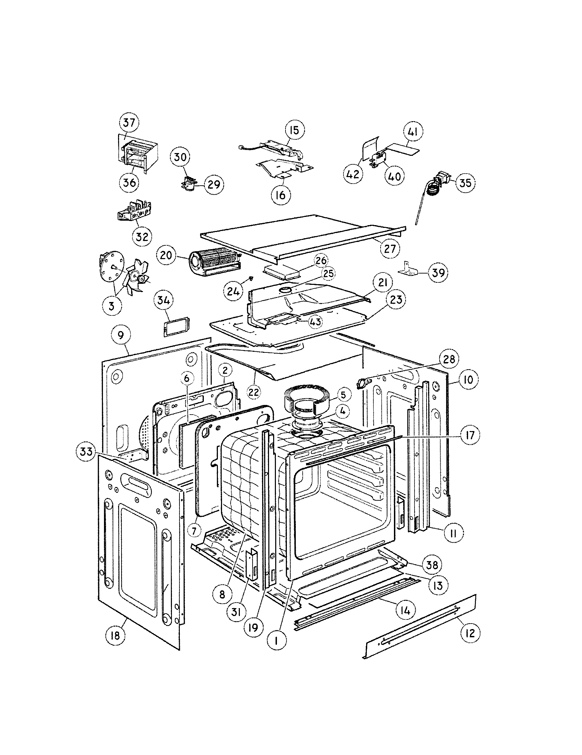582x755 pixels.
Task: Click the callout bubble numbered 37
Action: coord(129,123)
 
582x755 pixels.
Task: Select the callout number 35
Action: coord(465,183)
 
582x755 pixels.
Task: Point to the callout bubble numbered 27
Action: coord(389,248)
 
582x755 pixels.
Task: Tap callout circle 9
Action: coord(121,336)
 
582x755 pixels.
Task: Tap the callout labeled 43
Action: coord(315,322)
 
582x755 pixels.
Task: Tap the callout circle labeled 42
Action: coord(353,174)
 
